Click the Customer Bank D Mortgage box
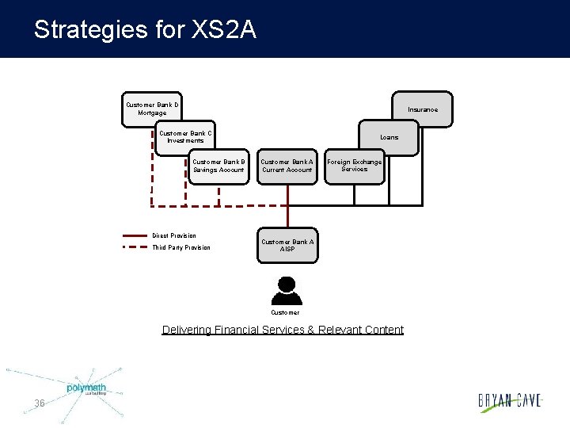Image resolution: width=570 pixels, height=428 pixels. (152, 109)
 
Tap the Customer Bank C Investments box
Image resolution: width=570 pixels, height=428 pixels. (184, 136)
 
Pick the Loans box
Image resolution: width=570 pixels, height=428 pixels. (389, 137)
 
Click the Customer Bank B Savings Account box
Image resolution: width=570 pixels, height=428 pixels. (218, 166)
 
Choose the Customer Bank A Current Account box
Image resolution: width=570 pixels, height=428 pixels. (287, 166)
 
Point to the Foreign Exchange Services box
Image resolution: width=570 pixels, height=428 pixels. (354, 166)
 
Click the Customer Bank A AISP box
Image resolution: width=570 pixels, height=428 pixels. (287, 246)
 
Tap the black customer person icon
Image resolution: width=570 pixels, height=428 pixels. (286, 291)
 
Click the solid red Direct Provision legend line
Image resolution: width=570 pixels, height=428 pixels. (135, 235)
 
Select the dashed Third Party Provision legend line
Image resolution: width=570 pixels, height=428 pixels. (135, 247)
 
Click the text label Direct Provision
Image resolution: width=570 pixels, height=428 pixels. (174, 235)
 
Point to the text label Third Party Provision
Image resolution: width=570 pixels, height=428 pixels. (181, 247)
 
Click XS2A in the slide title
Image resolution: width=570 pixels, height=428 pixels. (223, 30)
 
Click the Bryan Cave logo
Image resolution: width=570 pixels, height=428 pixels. (510, 401)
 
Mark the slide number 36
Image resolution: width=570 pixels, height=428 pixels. (40, 403)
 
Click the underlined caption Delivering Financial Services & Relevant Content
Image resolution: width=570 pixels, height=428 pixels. (283, 330)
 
